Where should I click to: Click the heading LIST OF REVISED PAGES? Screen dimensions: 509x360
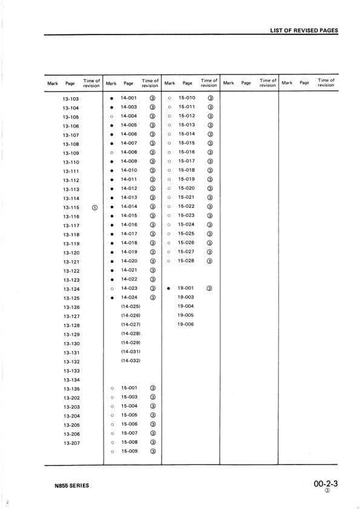(304, 30)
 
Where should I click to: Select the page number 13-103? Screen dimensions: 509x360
(71, 99)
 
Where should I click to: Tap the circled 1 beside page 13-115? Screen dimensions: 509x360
(94, 207)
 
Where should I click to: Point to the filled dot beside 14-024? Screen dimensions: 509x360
(112, 297)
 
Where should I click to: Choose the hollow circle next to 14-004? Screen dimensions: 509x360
(112, 116)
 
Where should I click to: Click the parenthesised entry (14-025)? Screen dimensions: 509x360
(131, 306)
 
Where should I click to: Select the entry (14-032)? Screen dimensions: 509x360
(131, 361)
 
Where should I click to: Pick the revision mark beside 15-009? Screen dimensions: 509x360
(153, 451)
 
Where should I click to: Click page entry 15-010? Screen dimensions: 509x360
(186, 98)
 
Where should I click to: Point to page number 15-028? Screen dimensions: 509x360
(186, 261)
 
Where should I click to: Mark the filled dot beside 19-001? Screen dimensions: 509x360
(170, 288)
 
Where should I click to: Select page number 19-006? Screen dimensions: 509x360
(186, 325)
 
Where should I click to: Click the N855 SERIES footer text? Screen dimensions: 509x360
(70, 486)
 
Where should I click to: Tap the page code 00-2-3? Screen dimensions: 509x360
(326, 484)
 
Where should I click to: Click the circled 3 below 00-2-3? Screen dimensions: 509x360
(327, 492)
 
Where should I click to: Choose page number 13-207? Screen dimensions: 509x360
(71, 443)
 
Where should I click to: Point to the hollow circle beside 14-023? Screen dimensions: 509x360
(112, 288)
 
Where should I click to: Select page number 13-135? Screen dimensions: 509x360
(71, 389)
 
